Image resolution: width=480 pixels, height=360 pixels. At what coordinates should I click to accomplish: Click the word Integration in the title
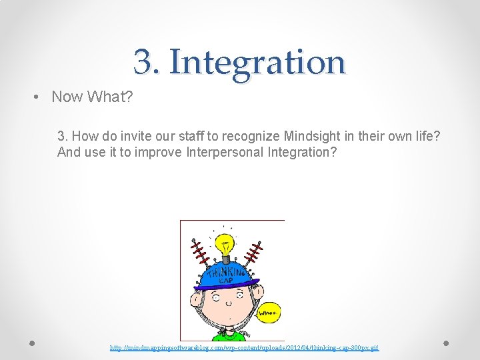[x=257, y=62]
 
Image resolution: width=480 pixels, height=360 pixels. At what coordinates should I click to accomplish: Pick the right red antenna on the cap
[x=253, y=252]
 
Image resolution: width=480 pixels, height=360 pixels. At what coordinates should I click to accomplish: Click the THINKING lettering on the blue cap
[x=226, y=273]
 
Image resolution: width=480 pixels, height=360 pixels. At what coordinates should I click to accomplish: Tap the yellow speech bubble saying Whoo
[x=270, y=311]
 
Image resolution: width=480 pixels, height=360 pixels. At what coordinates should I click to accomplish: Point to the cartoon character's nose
[x=228, y=304]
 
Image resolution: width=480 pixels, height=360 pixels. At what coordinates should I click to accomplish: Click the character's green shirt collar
[x=230, y=333]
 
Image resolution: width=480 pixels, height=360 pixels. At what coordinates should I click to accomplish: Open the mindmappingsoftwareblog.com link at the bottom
[x=244, y=348]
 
